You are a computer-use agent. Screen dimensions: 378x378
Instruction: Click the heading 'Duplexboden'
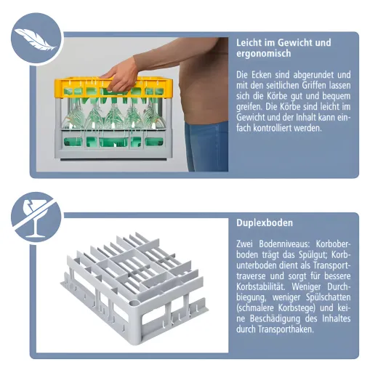pyautogui.click(x=265, y=222)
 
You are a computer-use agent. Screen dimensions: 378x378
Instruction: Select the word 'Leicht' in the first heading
pyautogui.click(x=250, y=42)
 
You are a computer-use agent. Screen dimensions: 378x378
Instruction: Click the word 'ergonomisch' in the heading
pyautogui.click(x=264, y=54)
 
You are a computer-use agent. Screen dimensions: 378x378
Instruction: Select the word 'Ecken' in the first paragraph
pyautogui.click(x=264, y=74)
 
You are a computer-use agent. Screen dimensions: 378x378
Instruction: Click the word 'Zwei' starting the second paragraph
pyautogui.click(x=246, y=244)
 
